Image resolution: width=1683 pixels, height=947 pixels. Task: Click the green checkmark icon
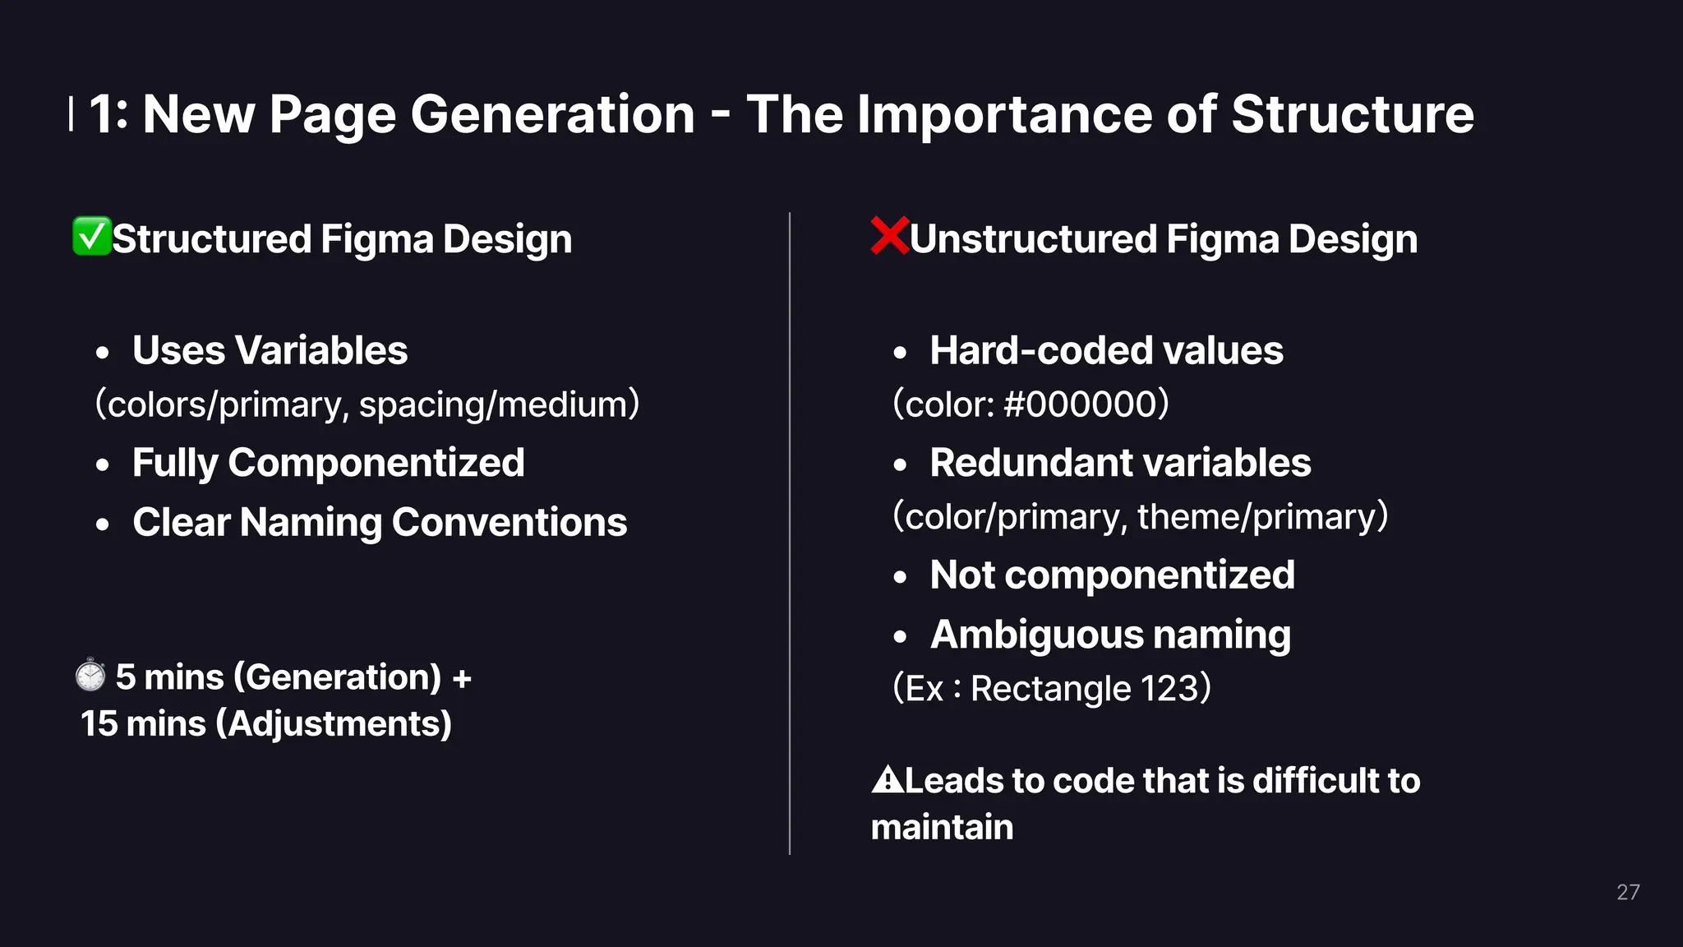click(x=91, y=237)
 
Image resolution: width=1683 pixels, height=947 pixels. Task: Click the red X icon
click(x=889, y=236)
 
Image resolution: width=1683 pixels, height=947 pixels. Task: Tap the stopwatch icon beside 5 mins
click(x=90, y=676)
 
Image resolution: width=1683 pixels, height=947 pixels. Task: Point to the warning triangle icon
click(x=887, y=779)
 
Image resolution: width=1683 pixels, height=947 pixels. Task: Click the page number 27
click(x=1627, y=892)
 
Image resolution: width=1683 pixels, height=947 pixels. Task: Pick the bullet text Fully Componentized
click(x=328, y=463)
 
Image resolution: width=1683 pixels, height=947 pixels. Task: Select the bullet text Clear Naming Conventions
click(x=380, y=523)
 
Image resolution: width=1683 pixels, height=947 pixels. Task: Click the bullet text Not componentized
click(x=1112, y=575)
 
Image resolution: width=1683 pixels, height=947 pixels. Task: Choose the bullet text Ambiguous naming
click(x=1110, y=635)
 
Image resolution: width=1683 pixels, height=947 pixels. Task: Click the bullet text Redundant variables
click(x=1120, y=463)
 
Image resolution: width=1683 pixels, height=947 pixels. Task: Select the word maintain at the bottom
click(x=942, y=827)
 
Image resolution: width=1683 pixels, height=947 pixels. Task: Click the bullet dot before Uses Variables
click(x=102, y=353)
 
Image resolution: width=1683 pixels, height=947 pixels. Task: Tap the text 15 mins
click(x=143, y=724)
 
